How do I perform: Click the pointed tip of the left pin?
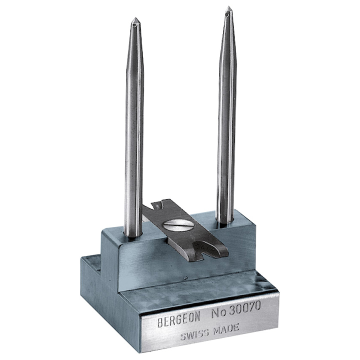[x=135, y=18]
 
